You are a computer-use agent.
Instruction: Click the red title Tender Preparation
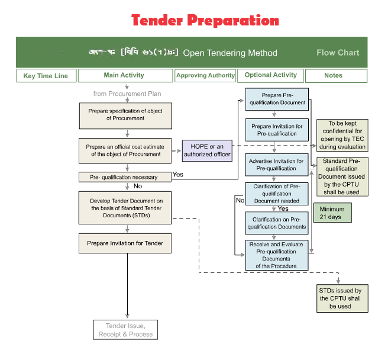click(x=205, y=21)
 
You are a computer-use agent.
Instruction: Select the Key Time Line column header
click(x=46, y=76)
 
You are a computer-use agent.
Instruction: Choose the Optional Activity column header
click(x=270, y=75)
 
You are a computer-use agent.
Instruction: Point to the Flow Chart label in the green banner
click(x=338, y=53)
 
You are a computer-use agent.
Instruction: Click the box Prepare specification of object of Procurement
click(x=125, y=115)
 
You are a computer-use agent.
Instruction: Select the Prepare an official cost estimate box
click(x=125, y=150)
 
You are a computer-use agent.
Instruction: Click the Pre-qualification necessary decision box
click(x=124, y=177)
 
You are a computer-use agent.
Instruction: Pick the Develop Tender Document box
click(x=125, y=207)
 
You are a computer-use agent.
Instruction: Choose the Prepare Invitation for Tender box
click(x=125, y=243)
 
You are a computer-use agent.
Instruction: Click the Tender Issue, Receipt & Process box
click(x=125, y=330)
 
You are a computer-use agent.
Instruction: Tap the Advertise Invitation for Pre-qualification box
click(x=276, y=165)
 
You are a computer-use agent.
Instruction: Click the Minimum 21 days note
click(x=332, y=213)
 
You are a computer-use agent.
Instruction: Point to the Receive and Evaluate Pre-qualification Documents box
click(x=276, y=255)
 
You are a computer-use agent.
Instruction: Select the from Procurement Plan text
click(x=127, y=94)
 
